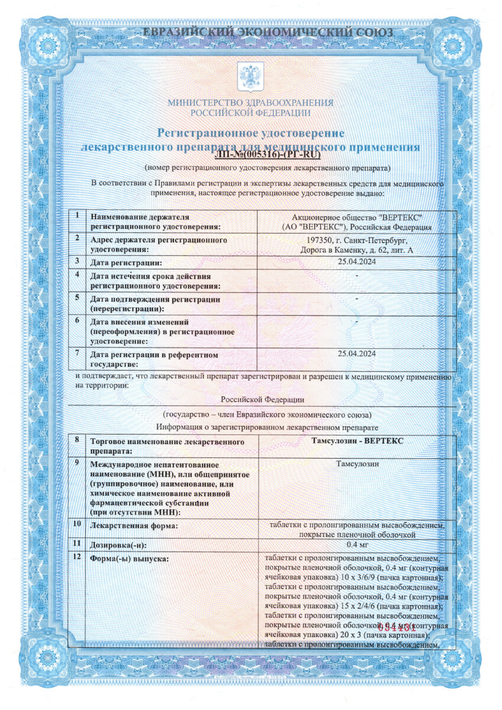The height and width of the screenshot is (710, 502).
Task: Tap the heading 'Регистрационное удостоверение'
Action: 250,133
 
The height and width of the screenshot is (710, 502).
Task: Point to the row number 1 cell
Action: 77,215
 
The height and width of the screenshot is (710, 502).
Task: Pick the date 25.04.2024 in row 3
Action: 357,262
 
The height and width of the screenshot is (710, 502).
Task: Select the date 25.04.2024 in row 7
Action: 357,354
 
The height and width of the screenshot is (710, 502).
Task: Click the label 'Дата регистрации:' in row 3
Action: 125,262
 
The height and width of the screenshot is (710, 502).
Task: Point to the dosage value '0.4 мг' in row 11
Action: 357,545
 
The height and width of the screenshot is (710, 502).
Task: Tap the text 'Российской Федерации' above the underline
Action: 266,400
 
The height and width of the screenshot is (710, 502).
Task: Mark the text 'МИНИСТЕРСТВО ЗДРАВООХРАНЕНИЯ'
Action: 250,102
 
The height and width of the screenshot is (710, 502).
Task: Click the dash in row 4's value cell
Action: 357,275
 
